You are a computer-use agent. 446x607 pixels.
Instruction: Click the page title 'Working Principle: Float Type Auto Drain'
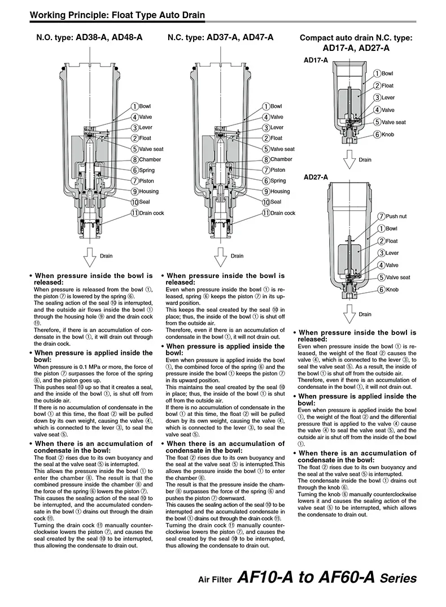click(x=117, y=15)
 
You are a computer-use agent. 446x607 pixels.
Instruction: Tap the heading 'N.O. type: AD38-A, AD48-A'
click(x=89, y=37)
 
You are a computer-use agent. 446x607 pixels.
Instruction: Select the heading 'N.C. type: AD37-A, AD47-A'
click(x=220, y=37)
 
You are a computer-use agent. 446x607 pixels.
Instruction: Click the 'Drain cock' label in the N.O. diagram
click(x=151, y=213)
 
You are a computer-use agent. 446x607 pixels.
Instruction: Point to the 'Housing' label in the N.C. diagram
click(x=280, y=192)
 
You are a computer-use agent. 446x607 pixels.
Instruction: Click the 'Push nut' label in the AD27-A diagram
click(x=396, y=216)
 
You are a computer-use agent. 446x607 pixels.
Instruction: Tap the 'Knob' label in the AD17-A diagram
click(x=388, y=135)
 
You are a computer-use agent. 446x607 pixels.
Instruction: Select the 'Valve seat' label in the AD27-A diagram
click(x=398, y=278)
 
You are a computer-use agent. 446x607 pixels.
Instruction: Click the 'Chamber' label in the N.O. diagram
click(x=150, y=159)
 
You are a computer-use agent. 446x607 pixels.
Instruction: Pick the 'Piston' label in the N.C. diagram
click(x=278, y=170)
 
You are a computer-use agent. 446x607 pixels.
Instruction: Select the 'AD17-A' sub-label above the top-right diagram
click(x=316, y=60)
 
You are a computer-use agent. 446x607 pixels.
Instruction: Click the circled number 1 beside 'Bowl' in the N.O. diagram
click(x=135, y=106)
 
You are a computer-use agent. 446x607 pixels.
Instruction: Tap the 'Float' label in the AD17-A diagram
click(x=388, y=86)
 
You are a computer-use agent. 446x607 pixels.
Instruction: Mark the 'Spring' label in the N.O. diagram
click(x=147, y=170)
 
